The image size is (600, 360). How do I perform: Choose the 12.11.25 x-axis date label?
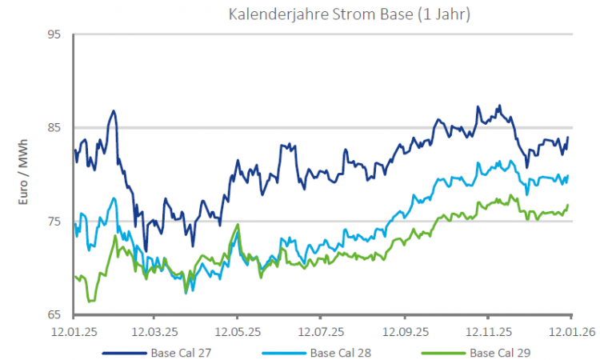coord(487,330)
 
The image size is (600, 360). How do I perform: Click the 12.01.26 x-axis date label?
coord(569,330)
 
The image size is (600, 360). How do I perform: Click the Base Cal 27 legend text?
coord(181,352)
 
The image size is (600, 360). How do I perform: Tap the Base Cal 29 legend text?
coord(500,352)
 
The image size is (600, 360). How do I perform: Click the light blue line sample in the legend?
coord(283,352)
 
